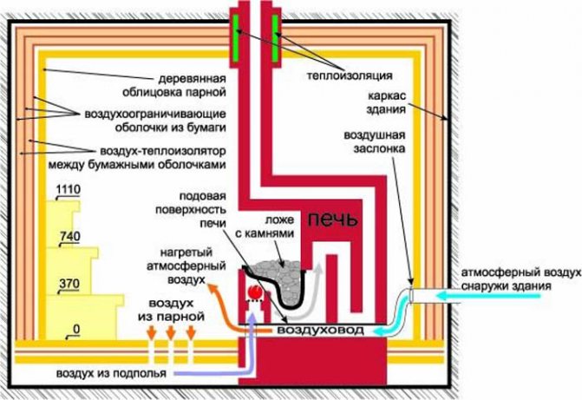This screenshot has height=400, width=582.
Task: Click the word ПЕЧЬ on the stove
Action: coord(330,219)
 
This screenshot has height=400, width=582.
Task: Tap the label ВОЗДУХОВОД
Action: coord(319,331)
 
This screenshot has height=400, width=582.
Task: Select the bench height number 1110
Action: coord(67,189)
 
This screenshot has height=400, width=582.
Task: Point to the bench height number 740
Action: coord(68,236)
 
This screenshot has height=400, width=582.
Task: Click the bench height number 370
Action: coord(68,283)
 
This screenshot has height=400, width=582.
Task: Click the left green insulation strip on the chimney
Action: coord(238,38)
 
